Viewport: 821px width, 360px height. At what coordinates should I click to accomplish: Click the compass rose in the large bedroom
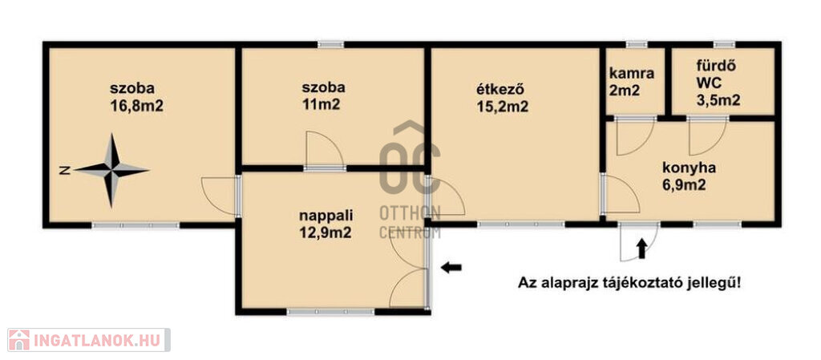[111, 170]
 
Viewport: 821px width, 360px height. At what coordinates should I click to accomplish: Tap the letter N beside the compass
[65, 170]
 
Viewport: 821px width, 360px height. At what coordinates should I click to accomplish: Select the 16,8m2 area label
[136, 106]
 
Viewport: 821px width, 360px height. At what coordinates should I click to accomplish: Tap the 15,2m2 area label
[502, 107]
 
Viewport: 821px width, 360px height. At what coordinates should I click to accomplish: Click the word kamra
[632, 74]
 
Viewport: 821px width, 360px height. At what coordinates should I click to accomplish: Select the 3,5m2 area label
[718, 100]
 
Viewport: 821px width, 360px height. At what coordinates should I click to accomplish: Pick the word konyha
[689, 168]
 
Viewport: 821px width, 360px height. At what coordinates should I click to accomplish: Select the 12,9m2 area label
[325, 233]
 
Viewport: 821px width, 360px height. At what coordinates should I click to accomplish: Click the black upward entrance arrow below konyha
[641, 248]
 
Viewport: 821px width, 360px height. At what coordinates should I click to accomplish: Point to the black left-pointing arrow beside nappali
[451, 268]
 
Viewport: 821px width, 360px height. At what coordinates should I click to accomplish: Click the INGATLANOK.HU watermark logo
[88, 340]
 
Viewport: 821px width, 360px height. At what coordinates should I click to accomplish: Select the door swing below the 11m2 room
[325, 150]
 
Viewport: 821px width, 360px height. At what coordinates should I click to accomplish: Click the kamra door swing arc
[636, 138]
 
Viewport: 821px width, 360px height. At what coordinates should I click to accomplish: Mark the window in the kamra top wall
[637, 44]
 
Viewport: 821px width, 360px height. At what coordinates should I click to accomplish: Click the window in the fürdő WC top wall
[724, 44]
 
